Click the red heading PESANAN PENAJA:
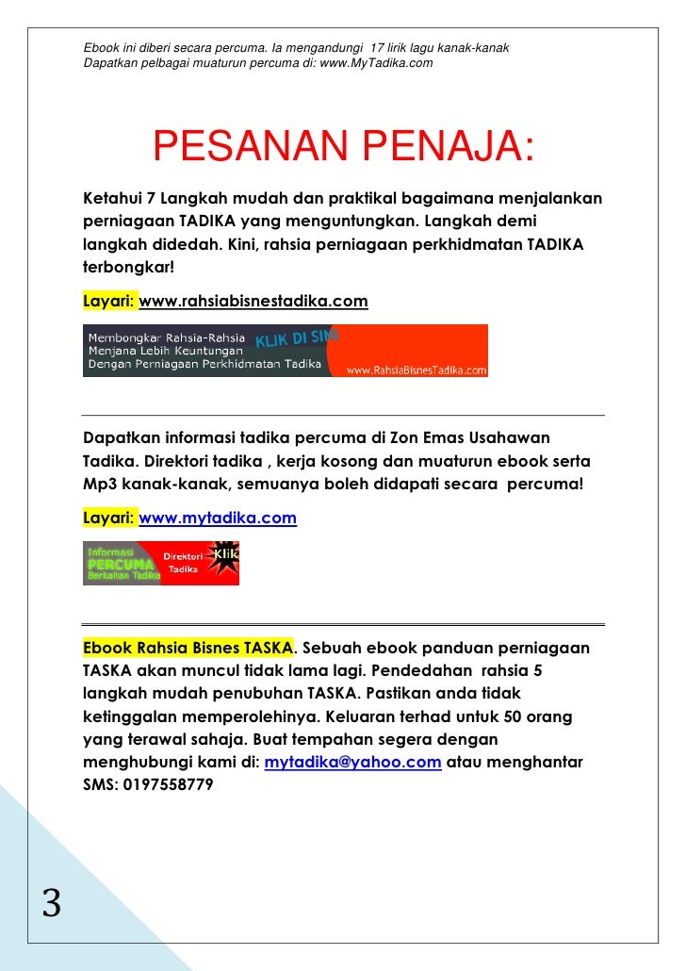tap(343, 148)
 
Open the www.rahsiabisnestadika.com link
tap(253, 302)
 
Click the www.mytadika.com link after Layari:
tap(218, 518)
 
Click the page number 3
tap(52, 903)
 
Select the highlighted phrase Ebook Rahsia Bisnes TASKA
tap(188, 649)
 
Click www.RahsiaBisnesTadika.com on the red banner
tap(416, 370)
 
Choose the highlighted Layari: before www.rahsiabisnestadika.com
tap(110, 302)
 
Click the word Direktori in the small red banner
tap(184, 557)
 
